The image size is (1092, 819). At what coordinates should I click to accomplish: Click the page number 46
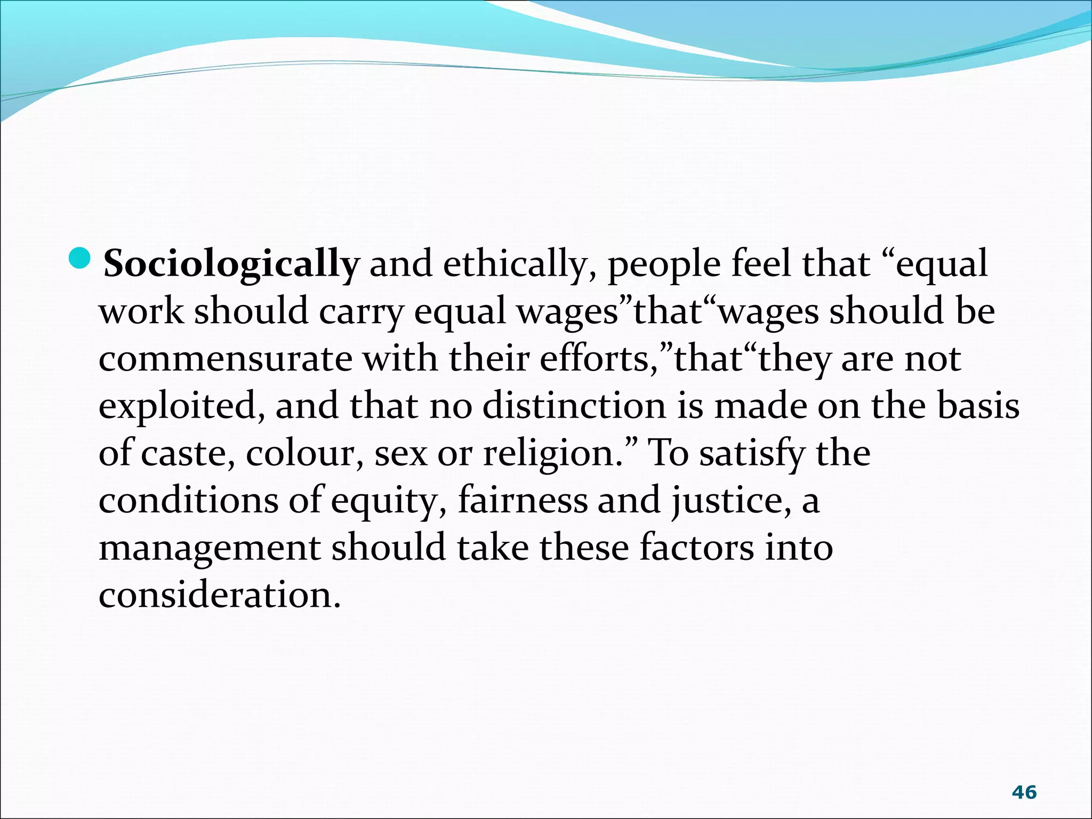coord(1024,792)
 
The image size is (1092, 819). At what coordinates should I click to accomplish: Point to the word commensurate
coord(225,359)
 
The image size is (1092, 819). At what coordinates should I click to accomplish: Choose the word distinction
coord(574,406)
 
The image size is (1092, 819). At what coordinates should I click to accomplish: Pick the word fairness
coord(523,500)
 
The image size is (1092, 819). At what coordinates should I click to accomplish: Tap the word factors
coord(697,548)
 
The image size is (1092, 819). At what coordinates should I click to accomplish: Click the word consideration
coord(219,595)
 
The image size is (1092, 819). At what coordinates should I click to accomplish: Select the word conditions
coord(188,501)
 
